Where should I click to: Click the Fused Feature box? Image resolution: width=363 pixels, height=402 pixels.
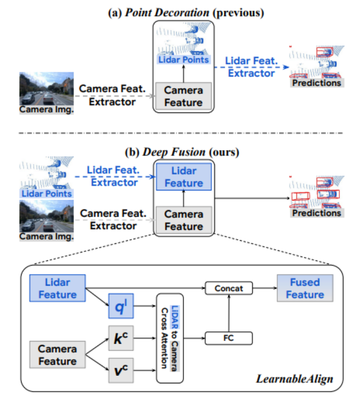pos(305,288)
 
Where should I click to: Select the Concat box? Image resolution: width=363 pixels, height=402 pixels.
pos(228,288)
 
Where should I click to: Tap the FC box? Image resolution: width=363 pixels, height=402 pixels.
pos(228,338)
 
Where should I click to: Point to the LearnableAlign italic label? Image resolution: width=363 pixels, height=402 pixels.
pos(295,378)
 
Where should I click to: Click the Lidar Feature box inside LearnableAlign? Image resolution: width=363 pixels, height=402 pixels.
pos(57,288)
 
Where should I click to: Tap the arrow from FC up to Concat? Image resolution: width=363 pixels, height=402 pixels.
pos(228,313)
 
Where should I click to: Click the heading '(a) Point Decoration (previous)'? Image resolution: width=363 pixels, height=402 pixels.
pos(182,12)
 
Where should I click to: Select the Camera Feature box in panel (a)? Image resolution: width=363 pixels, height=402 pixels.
pos(184,96)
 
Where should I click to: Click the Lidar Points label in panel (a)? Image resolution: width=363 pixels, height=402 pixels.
pos(184,60)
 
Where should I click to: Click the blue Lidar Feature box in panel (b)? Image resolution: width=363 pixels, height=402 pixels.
pos(184,177)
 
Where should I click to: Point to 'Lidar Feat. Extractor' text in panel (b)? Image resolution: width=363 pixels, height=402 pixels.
pos(114,176)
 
